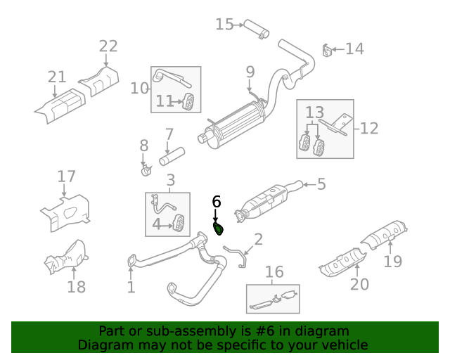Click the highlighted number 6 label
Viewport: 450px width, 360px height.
pos(217,202)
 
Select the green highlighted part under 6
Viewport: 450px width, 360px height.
pos(219,228)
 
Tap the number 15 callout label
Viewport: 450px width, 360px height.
pos(224,25)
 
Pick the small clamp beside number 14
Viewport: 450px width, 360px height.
pos(327,50)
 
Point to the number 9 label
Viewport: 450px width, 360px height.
pos(250,71)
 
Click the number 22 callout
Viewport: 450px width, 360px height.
pos(108,46)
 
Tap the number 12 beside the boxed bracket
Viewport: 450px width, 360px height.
pos(370,128)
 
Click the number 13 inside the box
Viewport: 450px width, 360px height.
pos(314,112)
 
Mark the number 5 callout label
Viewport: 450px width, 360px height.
pos(321,184)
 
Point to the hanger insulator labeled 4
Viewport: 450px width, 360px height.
pos(180,224)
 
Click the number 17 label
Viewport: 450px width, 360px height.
pos(66,176)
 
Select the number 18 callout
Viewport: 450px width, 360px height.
pos(76,286)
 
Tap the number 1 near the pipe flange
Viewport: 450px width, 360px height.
pos(131,287)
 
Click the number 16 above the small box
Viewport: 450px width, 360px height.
pos(274,272)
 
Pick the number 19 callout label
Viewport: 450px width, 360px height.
pos(393,262)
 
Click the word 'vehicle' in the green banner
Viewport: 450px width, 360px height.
pos(343,345)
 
